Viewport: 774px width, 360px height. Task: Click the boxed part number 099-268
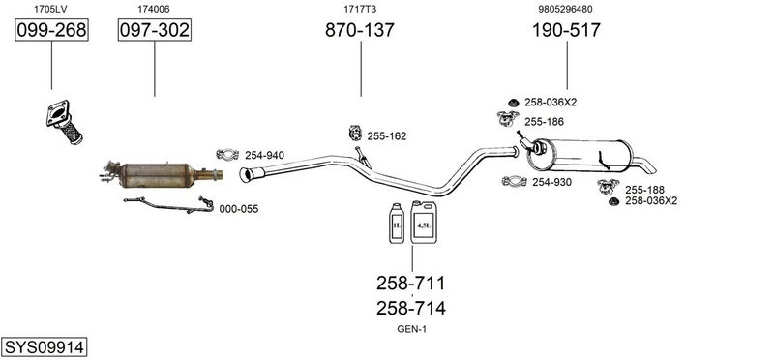[51, 30]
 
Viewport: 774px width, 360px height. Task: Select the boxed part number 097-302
[155, 30]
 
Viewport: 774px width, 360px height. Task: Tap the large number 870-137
[360, 30]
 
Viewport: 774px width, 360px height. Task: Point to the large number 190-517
[566, 30]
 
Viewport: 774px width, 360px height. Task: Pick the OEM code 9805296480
[566, 9]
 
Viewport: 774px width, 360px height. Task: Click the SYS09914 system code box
[44, 347]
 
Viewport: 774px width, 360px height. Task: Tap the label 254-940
[264, 156]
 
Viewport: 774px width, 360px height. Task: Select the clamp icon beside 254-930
[515, 181]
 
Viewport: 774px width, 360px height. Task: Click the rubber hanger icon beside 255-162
[355, 133]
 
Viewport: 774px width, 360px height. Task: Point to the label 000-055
[239, 209]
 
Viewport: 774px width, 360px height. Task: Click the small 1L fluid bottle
[397, 224]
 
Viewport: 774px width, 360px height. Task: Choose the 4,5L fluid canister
[424, 223]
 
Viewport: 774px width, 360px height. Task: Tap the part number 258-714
[410, 308]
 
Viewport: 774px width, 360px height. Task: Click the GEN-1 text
[412, 329]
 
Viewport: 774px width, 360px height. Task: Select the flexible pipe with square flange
[65, 122]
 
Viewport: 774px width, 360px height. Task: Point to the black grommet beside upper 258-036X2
[514, 103]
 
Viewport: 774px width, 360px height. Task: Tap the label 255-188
[644, 190]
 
